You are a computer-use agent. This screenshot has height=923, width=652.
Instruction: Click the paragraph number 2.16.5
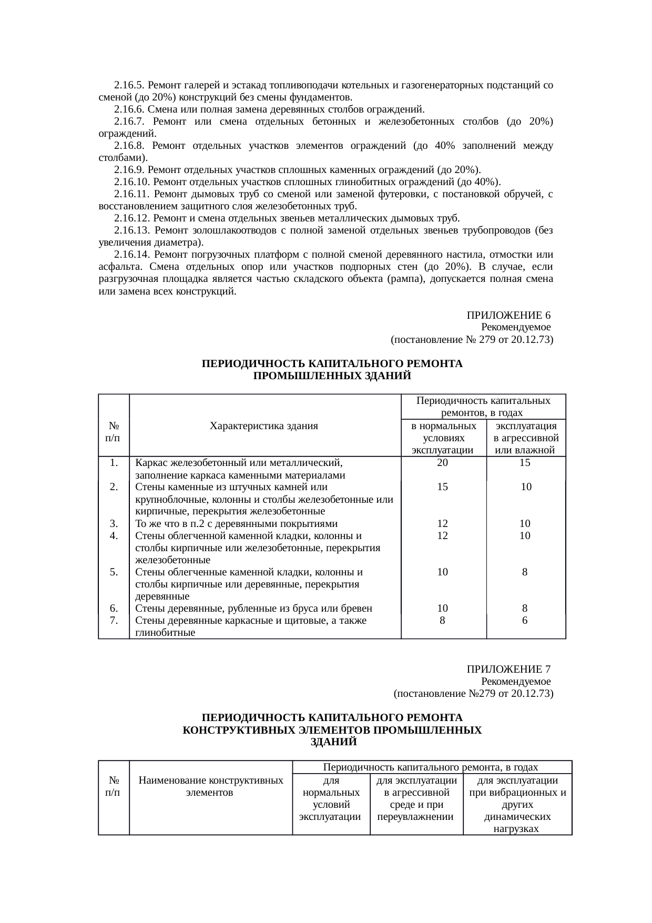pyautogui.click(x=129, y=85)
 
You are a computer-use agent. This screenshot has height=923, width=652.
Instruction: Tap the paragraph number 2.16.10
pyautogui.click(x=131, y=182)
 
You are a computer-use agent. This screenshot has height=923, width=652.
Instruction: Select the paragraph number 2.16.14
pyautogui.click(x=131, y=255)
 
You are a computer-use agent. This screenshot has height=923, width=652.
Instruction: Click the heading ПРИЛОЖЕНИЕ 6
pyautogui.click(x=508, y=316)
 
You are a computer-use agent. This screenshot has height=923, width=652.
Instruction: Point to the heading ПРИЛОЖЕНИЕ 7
pyautogui.click(x=508, y=669)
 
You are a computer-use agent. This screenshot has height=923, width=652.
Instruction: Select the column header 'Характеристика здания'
pyautogui.click(x=263, y=425)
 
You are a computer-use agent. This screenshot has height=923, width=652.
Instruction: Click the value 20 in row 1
pyautogui.click(x=443, y=463)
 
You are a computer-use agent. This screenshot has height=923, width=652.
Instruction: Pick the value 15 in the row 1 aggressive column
pyautogui.click(x=525, y=463)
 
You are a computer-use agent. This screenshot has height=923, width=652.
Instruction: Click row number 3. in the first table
pyautogui.click(x=114, y=523)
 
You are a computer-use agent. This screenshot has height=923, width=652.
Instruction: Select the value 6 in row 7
pyautogui.click(x=525, y=620)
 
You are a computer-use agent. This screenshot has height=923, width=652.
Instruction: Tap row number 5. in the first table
pyautogui.click(x=114, y=572)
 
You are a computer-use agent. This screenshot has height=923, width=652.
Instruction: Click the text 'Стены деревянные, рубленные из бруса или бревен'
pyautogui.click(x=253, y=608)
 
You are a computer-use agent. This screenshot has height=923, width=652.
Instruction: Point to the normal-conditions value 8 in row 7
pyautogui.click(x=443, y=620)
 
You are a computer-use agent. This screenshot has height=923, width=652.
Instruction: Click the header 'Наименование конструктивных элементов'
pyautogui.click(x=210, y=786)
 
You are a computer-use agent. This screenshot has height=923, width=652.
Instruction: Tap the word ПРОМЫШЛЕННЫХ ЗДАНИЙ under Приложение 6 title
pyautogui.click(x=332, y=376)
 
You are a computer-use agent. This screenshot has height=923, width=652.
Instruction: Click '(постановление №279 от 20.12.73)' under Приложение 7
pyautogui.click(x=473, y=694)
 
